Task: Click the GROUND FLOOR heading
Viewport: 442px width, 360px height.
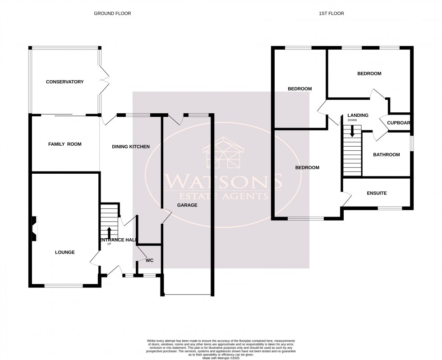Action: click(112, 14)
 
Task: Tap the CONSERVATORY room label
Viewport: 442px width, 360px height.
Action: click(65, 82)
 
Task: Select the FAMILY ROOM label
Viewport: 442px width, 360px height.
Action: click(64, 144)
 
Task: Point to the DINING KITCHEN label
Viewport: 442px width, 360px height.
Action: click(131, 147)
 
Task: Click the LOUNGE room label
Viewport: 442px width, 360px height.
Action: click(64, 252)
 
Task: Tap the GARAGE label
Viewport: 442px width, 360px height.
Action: click(187, 205)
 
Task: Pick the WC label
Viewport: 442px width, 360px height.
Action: click(149, 260)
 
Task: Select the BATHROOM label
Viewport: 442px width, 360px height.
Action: click(386, 155)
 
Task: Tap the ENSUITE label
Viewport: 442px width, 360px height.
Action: click(376, 193)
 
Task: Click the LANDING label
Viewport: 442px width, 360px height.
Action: click(358, 115)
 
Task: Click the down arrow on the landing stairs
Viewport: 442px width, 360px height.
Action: click(352, 131)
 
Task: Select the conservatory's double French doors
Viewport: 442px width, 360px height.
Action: click(104, 80)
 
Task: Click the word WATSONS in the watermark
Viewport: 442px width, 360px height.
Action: click(224, 182)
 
